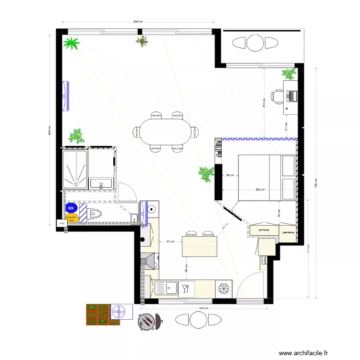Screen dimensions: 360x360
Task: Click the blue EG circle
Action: click(71, 208)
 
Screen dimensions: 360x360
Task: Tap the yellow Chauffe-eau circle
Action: click(72, 218)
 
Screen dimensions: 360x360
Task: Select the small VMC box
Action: click(61, 224)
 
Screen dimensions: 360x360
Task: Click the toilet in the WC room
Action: click(95, 214)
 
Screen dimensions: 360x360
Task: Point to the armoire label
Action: click(264, 230)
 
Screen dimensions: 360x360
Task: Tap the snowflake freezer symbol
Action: click(223, 288)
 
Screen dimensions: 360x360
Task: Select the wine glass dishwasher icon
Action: click(186, 288)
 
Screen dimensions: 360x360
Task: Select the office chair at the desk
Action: click(277, 96)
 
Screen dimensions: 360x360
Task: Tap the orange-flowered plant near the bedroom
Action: click(206, 173)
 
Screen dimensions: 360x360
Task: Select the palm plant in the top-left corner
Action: click(72, 44)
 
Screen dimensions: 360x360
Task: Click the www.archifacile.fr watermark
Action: click(305, 353)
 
